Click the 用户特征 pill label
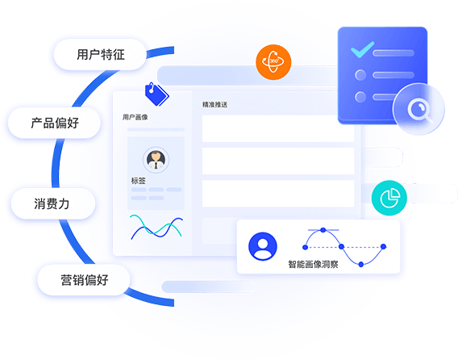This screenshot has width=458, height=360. (100, 54)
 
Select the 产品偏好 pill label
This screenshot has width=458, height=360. (54, 123)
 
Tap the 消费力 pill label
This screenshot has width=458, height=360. (53, 203)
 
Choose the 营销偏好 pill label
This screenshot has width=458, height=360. (84, 280)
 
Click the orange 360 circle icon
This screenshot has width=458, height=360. (273, 62)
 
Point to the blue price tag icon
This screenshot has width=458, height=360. (157, 94)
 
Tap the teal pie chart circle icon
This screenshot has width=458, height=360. (389, 198)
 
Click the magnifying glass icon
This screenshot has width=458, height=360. (420, 111)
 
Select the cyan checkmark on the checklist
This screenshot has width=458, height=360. (362, 49)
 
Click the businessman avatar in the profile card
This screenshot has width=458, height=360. (156, 160)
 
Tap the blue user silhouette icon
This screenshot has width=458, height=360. (263, 246)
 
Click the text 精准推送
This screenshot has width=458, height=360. (214, 104)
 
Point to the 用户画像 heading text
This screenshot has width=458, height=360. (135, 117)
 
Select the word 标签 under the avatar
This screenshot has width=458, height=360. (138, 181)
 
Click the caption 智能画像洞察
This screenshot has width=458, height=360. (313, 265)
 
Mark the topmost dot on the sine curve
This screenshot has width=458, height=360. (323, 230)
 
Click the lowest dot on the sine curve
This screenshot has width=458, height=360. (361, 265)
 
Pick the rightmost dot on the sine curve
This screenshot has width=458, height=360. (384, 246)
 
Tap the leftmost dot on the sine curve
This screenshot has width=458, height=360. (306, 248)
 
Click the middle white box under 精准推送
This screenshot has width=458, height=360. (278, 161)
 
